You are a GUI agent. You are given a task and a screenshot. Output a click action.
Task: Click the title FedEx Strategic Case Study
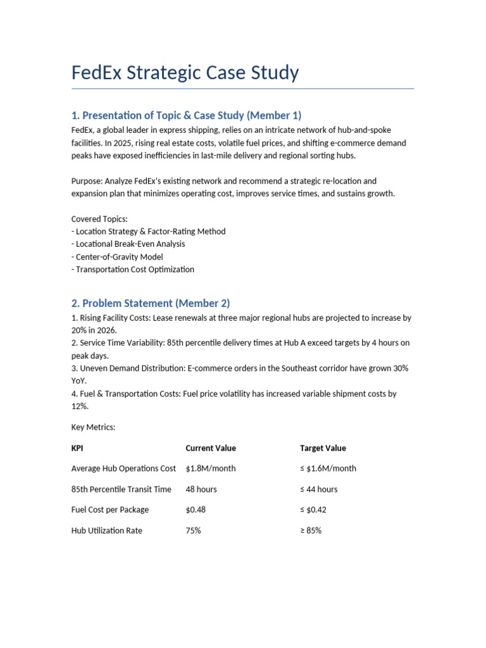(x=185, y=73)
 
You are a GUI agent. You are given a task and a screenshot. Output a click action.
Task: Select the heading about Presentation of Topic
(x=187, y=115)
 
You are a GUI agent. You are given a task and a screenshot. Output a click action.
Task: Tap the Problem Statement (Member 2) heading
(x=155, y=303)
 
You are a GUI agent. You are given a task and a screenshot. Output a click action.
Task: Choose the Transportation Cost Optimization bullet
(x=133, y=270)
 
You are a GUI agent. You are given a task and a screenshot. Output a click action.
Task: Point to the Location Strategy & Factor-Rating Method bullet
(x=148, y=232)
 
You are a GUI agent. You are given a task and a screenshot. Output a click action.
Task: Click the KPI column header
(x=78, y=448)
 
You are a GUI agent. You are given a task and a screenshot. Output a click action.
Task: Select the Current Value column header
(x=211, y=448)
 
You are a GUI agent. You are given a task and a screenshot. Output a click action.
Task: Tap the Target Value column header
(x=323, y=448)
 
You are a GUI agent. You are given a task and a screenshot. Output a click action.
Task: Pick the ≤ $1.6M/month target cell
(x=328, y=469)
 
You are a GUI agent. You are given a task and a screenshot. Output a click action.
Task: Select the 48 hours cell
(x=201, y=489)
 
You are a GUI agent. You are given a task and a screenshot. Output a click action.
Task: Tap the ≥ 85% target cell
(x=311, y=531)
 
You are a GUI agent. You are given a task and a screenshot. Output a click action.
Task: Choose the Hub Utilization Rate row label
(x=107, y=531)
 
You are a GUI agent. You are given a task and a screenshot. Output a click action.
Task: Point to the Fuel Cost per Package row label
(x=110, y=510)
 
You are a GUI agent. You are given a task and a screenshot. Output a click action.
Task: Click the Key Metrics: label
(x=94, y=428)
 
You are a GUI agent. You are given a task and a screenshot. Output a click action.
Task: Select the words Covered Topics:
(x=99, y=219)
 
